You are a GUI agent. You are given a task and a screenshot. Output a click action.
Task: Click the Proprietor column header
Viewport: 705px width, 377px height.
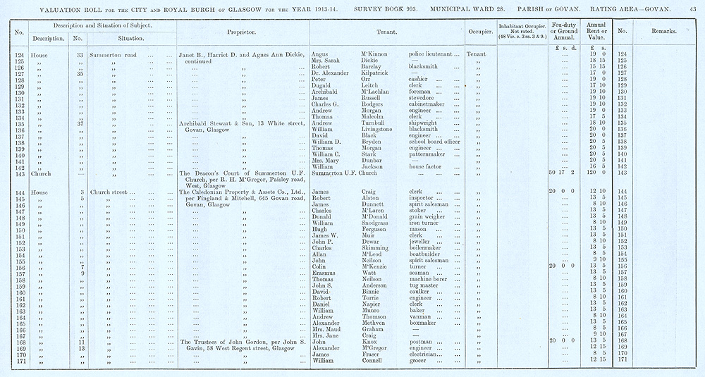(241, 32)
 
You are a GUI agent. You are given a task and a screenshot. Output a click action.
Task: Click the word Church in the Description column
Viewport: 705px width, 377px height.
(31, 173)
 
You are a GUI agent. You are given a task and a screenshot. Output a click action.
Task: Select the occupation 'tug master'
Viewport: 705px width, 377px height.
(425, 285)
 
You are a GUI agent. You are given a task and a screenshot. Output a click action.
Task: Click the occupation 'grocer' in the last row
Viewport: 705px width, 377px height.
(419, 360)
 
